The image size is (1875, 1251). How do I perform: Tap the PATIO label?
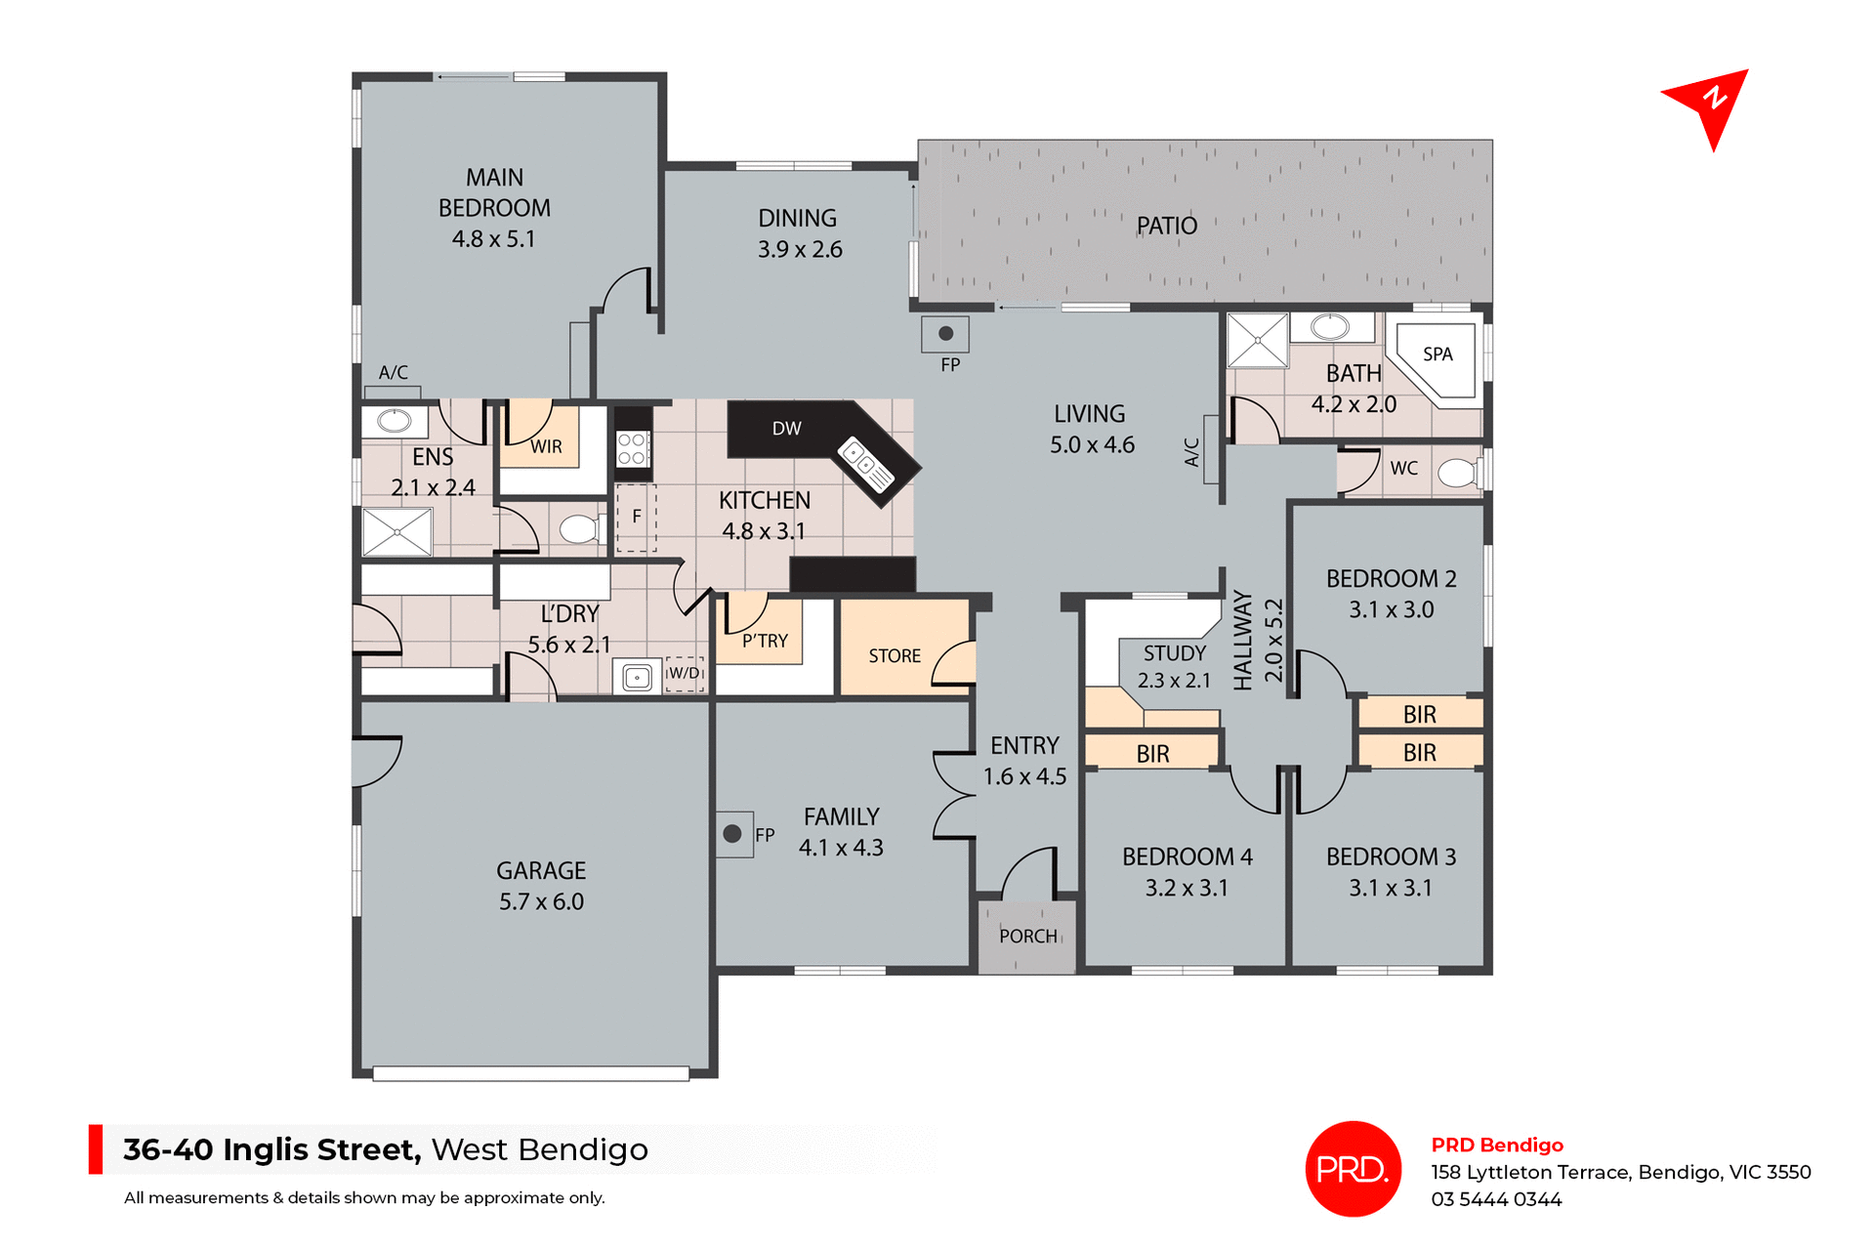coord(1166,227)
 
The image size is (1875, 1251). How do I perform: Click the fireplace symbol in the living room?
coord(945,334)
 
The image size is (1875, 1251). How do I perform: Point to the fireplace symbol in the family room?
coord(732,834)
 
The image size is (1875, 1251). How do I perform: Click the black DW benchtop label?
coord(786,429)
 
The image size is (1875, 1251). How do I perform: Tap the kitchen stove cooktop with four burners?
coord(632,449)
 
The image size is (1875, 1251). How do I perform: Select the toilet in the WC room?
coord(1457,473)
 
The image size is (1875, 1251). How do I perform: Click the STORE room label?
coord(895,656)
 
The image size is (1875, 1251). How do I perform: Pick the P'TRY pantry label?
coord(765,642)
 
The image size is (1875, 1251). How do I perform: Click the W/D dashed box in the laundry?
coord(684,674)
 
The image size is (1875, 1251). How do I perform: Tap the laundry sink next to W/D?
coord(637,677)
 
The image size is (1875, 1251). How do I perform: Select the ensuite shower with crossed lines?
coord(396,532)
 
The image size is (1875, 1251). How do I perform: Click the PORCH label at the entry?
coord(1027,937)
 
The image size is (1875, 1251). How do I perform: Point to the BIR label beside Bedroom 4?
coord(1152,754)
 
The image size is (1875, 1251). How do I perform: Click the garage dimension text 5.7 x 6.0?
coord(541,902)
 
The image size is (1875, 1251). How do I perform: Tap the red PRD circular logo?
coord(1353,1169)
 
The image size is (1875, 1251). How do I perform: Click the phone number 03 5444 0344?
coord(1496,1200)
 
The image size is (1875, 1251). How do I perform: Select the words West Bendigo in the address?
coord(539,1150)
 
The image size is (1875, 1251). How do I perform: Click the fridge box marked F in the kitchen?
coord(636,518)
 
